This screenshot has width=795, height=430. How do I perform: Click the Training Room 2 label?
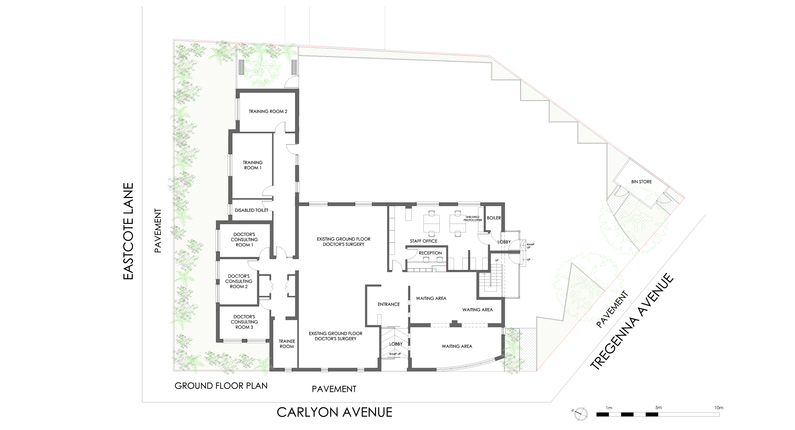coord(268,111)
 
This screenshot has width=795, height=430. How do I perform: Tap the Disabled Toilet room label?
coord(251,210)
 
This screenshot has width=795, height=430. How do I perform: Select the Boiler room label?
coord(494,218)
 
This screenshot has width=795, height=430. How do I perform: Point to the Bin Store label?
coord(641,182)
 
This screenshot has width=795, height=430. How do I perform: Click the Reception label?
coord(430,253)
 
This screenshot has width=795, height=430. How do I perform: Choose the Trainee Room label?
coord(287,344)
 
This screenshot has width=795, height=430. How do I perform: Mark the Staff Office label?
coord(423,241)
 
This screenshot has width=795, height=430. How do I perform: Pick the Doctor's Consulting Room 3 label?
coord(244,322)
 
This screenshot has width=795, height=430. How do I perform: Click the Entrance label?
coord(388,304)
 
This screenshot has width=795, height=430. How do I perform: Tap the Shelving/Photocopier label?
coord(472,218)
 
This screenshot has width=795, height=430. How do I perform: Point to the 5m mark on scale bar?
coord(658,407)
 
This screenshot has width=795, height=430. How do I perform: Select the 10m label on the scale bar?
coord(719,407)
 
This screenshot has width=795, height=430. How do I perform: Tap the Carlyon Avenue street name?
coord(334,412)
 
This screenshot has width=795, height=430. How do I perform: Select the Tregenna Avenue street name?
coord(632,321)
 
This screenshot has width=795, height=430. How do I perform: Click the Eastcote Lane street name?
coord(128,231)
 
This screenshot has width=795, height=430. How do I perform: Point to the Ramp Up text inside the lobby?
coord(395,354)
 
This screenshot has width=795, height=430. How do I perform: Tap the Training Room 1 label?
coord(253,165)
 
